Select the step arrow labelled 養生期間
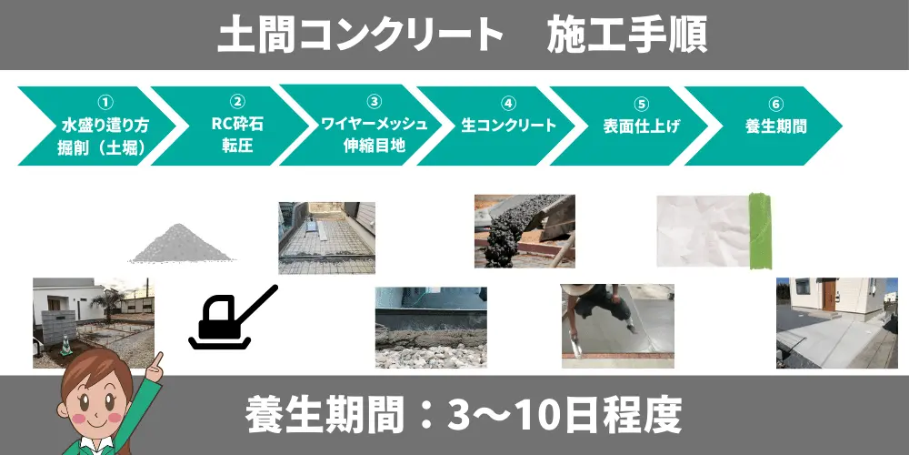(764, 126)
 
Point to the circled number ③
(375, 102)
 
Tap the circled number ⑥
(776, 104)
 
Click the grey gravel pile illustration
(181, 243)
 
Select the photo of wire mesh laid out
(326, 238)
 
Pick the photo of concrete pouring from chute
(524, 231)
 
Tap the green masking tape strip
(761, 231)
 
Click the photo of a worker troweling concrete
(617, 326)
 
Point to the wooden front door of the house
(829, 296)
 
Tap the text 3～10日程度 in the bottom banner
(565, 416)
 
